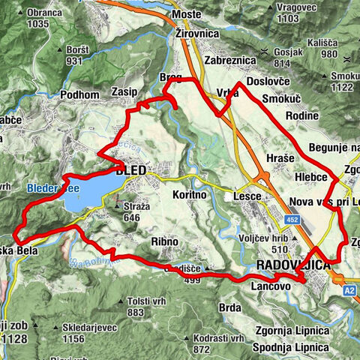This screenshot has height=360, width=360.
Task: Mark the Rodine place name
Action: (x=301, y=115)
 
